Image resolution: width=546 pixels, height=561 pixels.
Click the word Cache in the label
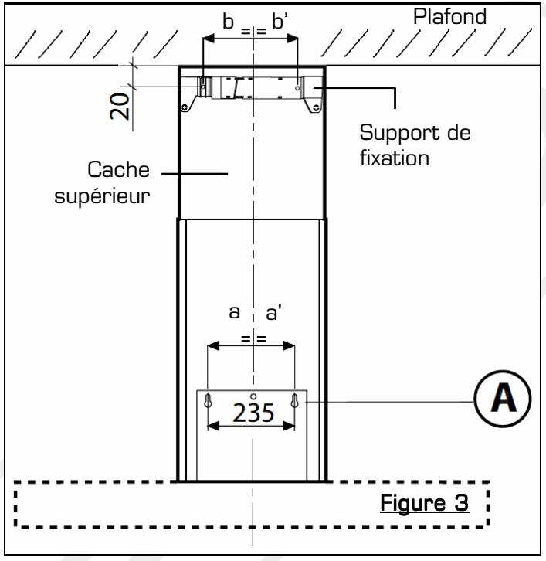(x=120, y=170)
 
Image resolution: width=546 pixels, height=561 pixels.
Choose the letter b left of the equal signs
(x=229, y=22)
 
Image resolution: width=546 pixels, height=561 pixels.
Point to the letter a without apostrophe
(x=235, y=313)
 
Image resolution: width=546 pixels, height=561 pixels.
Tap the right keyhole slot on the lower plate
(x=295, y=400)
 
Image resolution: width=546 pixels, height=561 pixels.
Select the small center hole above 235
(x=253, y=396)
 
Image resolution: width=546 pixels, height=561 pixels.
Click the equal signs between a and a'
(x=253, y=338)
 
